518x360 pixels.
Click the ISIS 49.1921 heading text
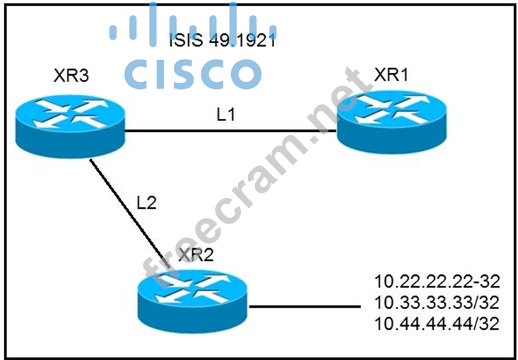point(222,40)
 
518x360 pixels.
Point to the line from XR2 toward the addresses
point(304,307)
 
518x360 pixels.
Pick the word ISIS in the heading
point(187,40)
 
